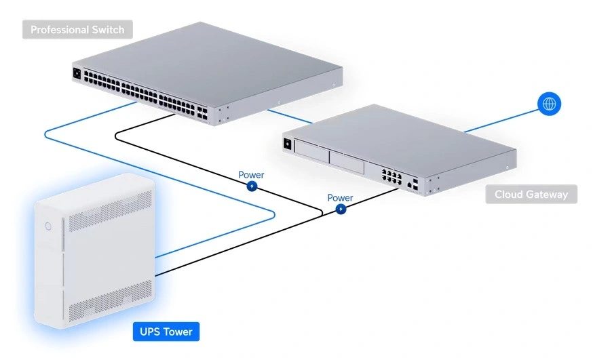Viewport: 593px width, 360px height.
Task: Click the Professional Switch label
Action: (77, 30)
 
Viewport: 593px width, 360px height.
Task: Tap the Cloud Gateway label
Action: (531, 195)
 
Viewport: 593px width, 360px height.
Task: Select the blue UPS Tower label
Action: (166, 332)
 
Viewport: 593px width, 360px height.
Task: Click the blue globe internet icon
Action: (550, 104)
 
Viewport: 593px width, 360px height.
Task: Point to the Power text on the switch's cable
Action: (251, 175)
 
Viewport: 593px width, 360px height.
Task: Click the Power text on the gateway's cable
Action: (340, 198)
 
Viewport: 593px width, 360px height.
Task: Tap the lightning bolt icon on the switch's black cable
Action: (252, 186)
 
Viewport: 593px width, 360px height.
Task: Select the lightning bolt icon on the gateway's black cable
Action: (341, 209)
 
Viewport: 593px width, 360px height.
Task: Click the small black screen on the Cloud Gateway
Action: (288, 143)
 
